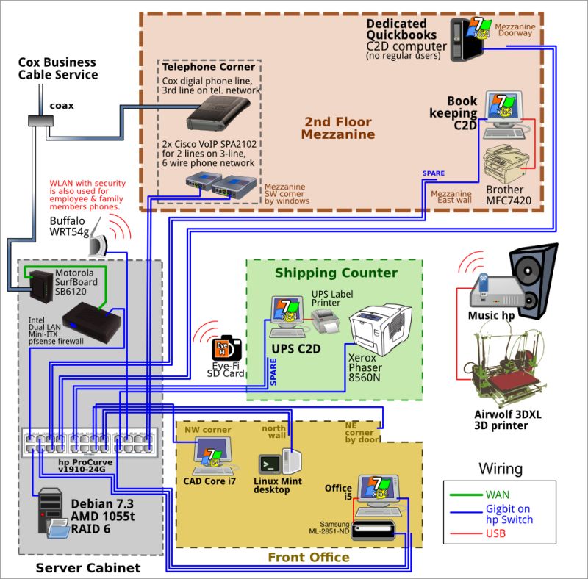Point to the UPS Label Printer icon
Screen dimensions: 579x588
pos(323,320)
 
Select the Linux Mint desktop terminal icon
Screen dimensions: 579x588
pos(269,464)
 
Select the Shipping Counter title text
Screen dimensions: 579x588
pos(336,273)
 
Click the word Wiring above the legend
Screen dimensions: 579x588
pos(501,468)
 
